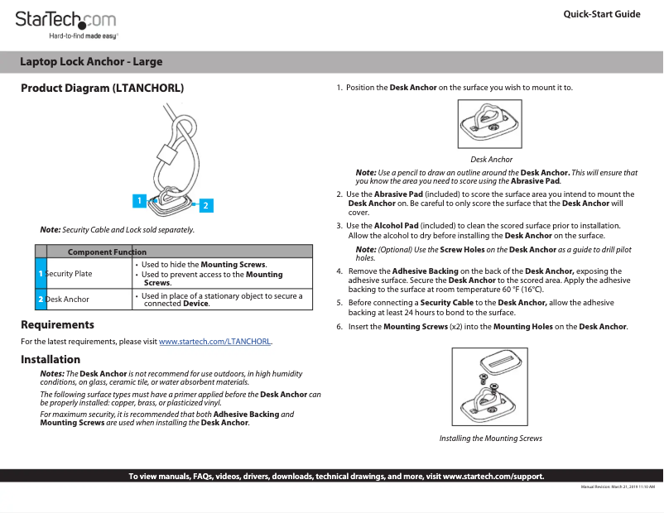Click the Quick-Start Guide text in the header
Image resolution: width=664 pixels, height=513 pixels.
601,14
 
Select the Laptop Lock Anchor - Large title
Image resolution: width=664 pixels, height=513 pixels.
91,62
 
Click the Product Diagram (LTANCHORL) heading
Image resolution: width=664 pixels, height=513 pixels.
102,88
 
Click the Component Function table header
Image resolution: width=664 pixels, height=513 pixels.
107,252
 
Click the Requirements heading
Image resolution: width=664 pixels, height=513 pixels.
57,325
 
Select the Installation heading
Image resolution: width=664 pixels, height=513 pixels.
51,360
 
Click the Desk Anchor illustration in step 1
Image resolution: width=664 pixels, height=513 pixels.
491,123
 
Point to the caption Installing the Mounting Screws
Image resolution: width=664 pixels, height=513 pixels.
490,439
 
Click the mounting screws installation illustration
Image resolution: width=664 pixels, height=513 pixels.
490,387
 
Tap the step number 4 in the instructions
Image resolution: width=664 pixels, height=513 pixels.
339,271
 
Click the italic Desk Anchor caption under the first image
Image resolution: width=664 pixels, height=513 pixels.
491,160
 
